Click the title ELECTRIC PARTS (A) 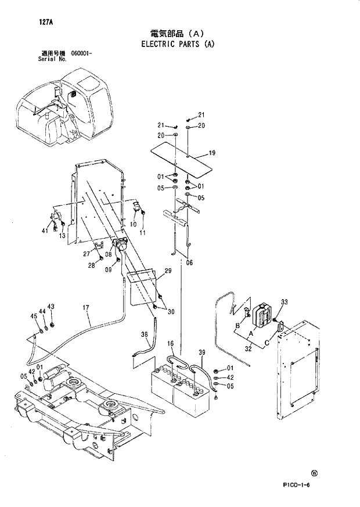click(178, 44)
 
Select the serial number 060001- click(82, 53)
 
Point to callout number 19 click(212, 153)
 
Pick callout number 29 click(168, 271)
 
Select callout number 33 click(284, 301)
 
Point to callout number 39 click(201, 353)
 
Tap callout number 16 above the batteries click(171, 344)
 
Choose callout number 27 click(85, 253)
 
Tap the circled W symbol click(315, 473)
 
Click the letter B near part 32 click(237, 325)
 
